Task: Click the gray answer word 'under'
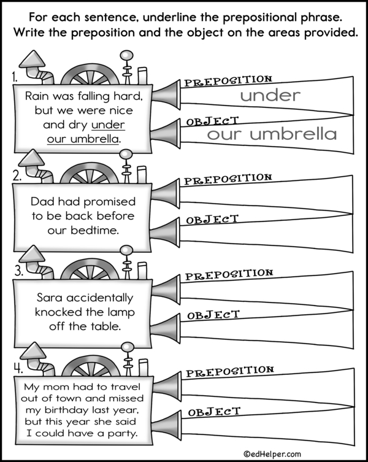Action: (x=270, y=95)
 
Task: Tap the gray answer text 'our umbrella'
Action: (x=271, y=134)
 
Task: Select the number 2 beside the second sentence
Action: (x=17, y=175)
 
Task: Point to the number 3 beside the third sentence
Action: (x=17, y=271)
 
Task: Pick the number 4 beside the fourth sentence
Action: (x=17, y=368)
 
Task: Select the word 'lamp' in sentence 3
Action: (x=120, y=312)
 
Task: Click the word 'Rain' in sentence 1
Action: (x=38, y=96)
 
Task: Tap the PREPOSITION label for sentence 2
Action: (x=228, y=179)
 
